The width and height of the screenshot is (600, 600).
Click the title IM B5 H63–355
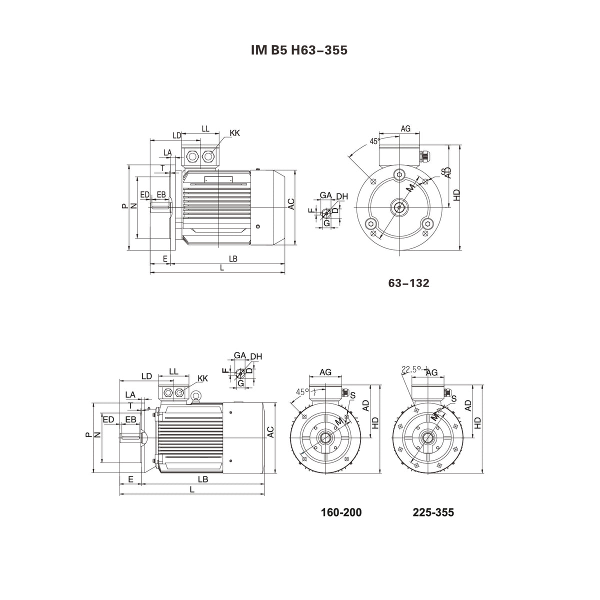point(298,50)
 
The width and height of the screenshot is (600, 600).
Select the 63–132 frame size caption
point(408,283)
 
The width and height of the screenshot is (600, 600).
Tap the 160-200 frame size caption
point(340,512)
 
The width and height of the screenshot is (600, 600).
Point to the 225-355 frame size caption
point(433,512)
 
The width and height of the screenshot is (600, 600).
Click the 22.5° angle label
point(410,369)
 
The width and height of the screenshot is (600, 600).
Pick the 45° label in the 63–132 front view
point(374,141)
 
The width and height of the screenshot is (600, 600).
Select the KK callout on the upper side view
point(234,133)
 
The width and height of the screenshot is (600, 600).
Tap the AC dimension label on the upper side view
point(291,204)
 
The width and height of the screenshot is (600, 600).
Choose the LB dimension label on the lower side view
point(202,479)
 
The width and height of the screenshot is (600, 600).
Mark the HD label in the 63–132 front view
point(456,195)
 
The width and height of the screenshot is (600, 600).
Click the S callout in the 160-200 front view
point(352,395)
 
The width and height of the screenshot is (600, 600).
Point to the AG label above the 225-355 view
point(431,372)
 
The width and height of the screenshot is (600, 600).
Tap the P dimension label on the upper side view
point(124,206)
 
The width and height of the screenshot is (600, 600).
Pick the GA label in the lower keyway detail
point(239,355)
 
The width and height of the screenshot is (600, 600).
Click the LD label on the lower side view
point(146,375)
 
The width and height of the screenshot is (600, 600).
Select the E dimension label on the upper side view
point(164,258)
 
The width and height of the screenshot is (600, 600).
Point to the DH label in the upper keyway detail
point(342,196)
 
